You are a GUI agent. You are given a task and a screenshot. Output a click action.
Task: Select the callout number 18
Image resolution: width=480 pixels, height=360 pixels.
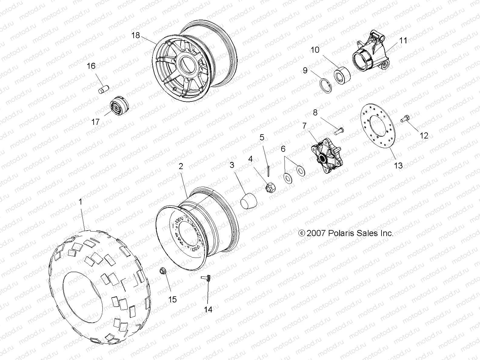pos(136,35)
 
